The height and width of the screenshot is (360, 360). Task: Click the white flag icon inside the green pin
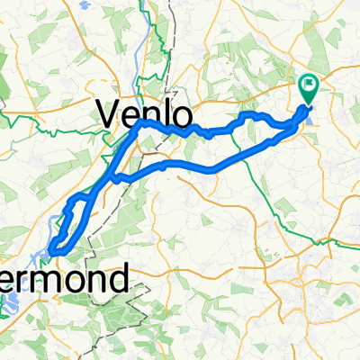click(309, 86)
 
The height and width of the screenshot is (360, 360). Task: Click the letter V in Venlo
click(107, 112)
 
